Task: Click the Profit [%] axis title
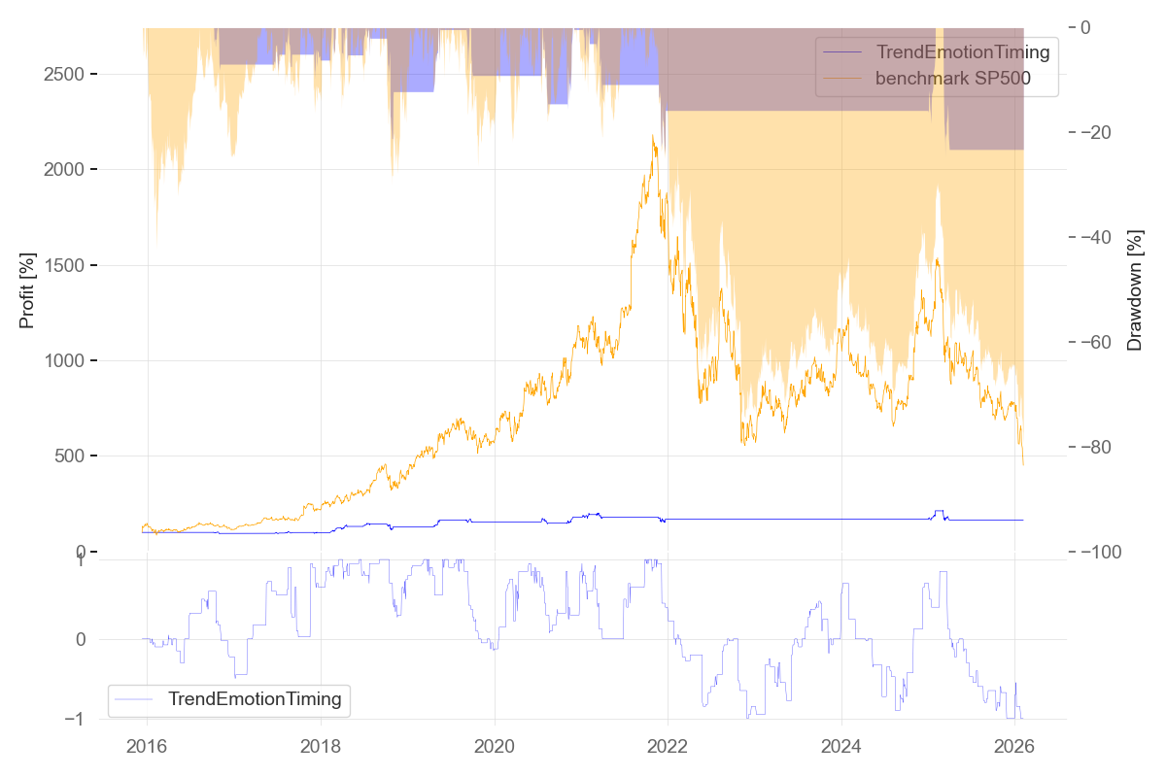[27, 290]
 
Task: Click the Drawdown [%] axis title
[1134, 290]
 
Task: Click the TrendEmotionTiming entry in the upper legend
[962, 52]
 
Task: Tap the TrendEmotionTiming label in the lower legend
[255, 698]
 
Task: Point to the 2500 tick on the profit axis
[71, 75]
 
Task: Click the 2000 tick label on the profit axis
[71, 170]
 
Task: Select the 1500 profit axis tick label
[71, 265]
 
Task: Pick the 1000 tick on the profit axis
[71, 361]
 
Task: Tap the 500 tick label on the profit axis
[77, 456]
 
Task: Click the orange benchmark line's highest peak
[653, 136]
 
